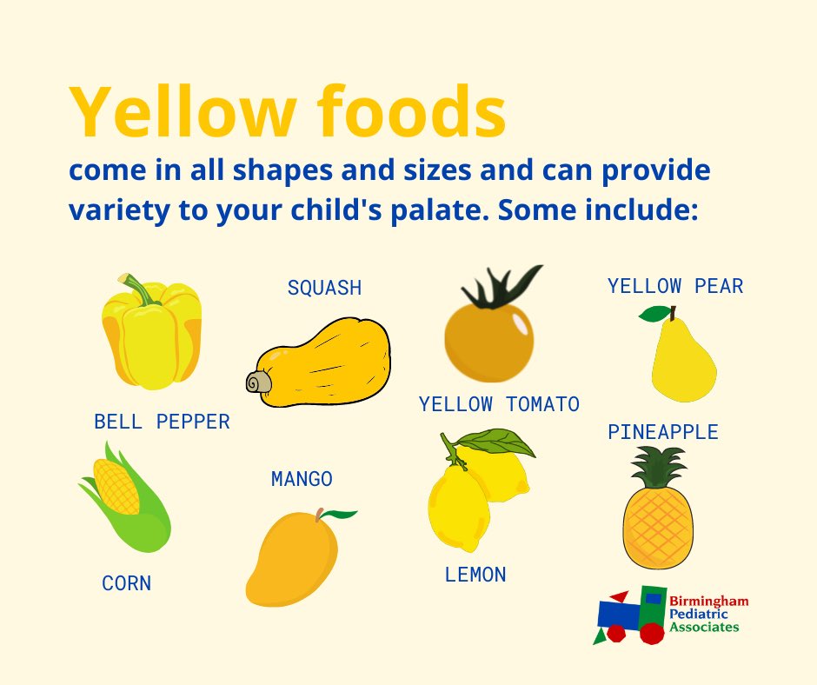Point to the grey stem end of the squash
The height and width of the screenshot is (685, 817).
coord(256,382)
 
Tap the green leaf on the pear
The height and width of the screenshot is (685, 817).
coord(653,313)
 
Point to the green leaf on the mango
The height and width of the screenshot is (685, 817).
coord(341,515)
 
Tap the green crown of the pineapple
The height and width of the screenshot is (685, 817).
coord(658,467)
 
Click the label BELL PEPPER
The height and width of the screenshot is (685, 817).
coord(162,422)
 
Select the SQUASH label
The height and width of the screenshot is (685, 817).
coord(324,289)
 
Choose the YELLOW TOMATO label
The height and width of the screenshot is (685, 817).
coord(499,404)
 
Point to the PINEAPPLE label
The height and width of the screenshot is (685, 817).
coord(663,432)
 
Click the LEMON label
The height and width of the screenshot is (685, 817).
coord(475,575)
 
